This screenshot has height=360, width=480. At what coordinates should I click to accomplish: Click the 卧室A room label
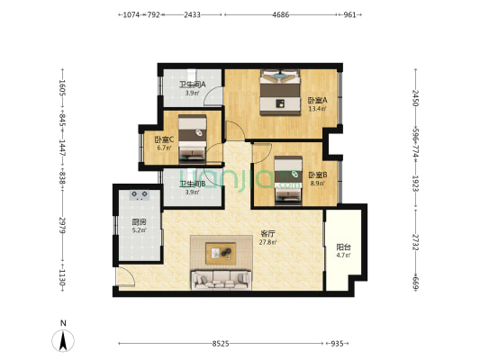pos(318,100)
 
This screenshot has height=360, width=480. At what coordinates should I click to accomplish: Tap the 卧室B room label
pos(318,175)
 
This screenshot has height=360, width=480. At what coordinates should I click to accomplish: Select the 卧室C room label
pos(164,139)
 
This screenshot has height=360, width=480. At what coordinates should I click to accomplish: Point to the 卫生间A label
pos(192,84)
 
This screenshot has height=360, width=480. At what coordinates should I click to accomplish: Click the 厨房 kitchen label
pos(139,222)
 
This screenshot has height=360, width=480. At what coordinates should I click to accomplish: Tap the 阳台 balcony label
pos(343,247)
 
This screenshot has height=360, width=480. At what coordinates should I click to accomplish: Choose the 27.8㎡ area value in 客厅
pos(267,242)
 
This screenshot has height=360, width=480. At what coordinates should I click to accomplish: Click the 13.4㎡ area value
pos(318,109)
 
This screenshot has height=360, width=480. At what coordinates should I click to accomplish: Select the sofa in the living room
pos(221,280)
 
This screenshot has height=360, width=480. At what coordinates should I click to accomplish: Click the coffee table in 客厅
pos(221,253)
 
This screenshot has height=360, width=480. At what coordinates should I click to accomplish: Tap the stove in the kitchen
pos(140,195)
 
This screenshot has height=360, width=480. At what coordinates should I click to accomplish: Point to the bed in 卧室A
pos(280,93)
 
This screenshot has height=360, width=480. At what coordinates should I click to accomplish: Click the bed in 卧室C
pos(192,138)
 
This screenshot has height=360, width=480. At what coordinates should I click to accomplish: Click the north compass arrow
pos(63,341)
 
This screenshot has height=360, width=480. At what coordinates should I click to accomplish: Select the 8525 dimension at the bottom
pos(221,344)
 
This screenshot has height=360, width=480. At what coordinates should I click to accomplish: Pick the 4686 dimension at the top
pos(281,14)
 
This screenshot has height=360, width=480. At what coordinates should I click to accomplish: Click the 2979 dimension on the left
pos(62,225)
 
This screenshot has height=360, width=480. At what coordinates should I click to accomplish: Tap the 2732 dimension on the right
pos(415,242)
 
